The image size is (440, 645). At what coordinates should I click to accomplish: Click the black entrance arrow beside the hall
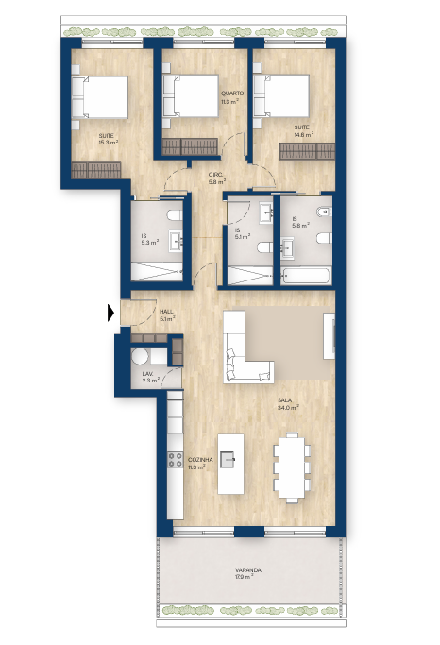click(110, 313)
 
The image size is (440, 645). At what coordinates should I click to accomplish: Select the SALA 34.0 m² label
click(288, 404)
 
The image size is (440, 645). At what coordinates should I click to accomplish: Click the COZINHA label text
click(200, 460)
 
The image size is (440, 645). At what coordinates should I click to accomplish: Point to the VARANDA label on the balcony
click(248, 570)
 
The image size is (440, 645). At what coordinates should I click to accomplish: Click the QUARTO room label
click(232, 93)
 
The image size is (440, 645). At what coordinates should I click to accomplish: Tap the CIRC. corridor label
click(216, 174)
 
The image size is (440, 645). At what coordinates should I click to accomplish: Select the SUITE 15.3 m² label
click(109, 139)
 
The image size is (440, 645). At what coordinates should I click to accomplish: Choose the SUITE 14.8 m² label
click(303, 131)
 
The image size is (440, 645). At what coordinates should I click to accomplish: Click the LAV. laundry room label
click(150, 377)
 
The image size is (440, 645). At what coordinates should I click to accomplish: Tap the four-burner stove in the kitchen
click(175, 460)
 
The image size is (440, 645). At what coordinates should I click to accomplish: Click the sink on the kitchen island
click(228, 459)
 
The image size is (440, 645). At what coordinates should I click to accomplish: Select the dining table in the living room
click(292, 467)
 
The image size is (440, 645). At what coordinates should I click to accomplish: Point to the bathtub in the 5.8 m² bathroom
click(307, 276)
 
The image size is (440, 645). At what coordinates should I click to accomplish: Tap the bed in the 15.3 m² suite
click(100, 97)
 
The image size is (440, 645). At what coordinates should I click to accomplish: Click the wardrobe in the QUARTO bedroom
click(190, 146)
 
